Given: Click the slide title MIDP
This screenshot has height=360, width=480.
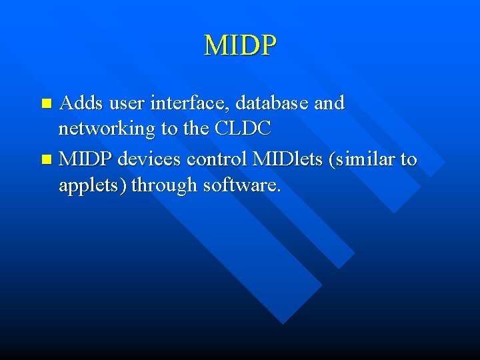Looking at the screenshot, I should coord(240,45).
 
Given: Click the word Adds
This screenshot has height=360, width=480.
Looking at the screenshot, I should coord(81,103).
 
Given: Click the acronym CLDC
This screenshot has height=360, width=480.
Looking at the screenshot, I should coord(243,129).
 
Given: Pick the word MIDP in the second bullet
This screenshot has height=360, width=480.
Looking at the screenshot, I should coord(86,159).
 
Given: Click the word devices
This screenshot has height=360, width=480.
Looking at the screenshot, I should coord(151,159).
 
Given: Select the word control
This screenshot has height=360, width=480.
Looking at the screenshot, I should coord(216,159).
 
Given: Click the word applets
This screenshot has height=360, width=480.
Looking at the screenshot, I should coord(92,185).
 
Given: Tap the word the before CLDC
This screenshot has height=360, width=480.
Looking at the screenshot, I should coord(196,129).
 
